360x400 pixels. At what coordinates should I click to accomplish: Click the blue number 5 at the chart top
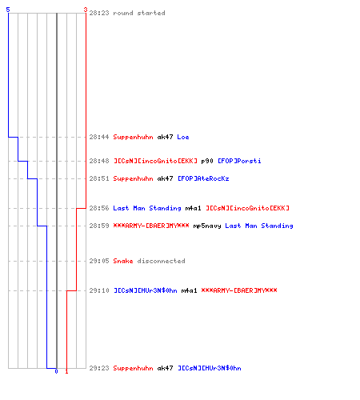(x=8, y=10)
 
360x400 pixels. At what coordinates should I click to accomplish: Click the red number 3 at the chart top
(x=86, y=10)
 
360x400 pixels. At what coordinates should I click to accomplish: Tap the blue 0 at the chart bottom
(x=56, y=371)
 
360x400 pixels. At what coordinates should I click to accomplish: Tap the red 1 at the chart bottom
(x=66, y=371)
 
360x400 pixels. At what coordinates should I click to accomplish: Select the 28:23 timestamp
(x=99, y=13)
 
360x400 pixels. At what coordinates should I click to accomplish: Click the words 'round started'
(x=139, y=13)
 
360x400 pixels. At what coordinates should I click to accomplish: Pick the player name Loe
(x=183, y=137)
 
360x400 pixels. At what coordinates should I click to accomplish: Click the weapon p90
(x=207, y=161)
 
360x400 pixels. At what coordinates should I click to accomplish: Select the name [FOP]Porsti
(x=239, y=161)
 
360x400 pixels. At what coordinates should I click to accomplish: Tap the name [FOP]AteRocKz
(x=203, y=178)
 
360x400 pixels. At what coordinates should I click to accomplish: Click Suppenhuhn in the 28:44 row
(x=133, y=138)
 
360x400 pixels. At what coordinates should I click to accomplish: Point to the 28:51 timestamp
(x=99, y=178)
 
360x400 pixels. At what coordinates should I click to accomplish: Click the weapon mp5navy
(x=207, y=226)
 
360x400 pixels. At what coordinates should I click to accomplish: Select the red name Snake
(x=123, y=261)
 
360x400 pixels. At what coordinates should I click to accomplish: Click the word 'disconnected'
(x=161, y=261)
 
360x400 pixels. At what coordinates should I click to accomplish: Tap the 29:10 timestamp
(x=99, y=290)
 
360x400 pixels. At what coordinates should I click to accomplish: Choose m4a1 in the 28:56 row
(x=193, y=208)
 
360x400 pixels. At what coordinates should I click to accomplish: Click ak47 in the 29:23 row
(x=165, y=368)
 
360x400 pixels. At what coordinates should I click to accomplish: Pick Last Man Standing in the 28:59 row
(x=259, y=226)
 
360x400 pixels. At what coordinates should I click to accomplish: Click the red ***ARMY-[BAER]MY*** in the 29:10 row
(x=239, y=290)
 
